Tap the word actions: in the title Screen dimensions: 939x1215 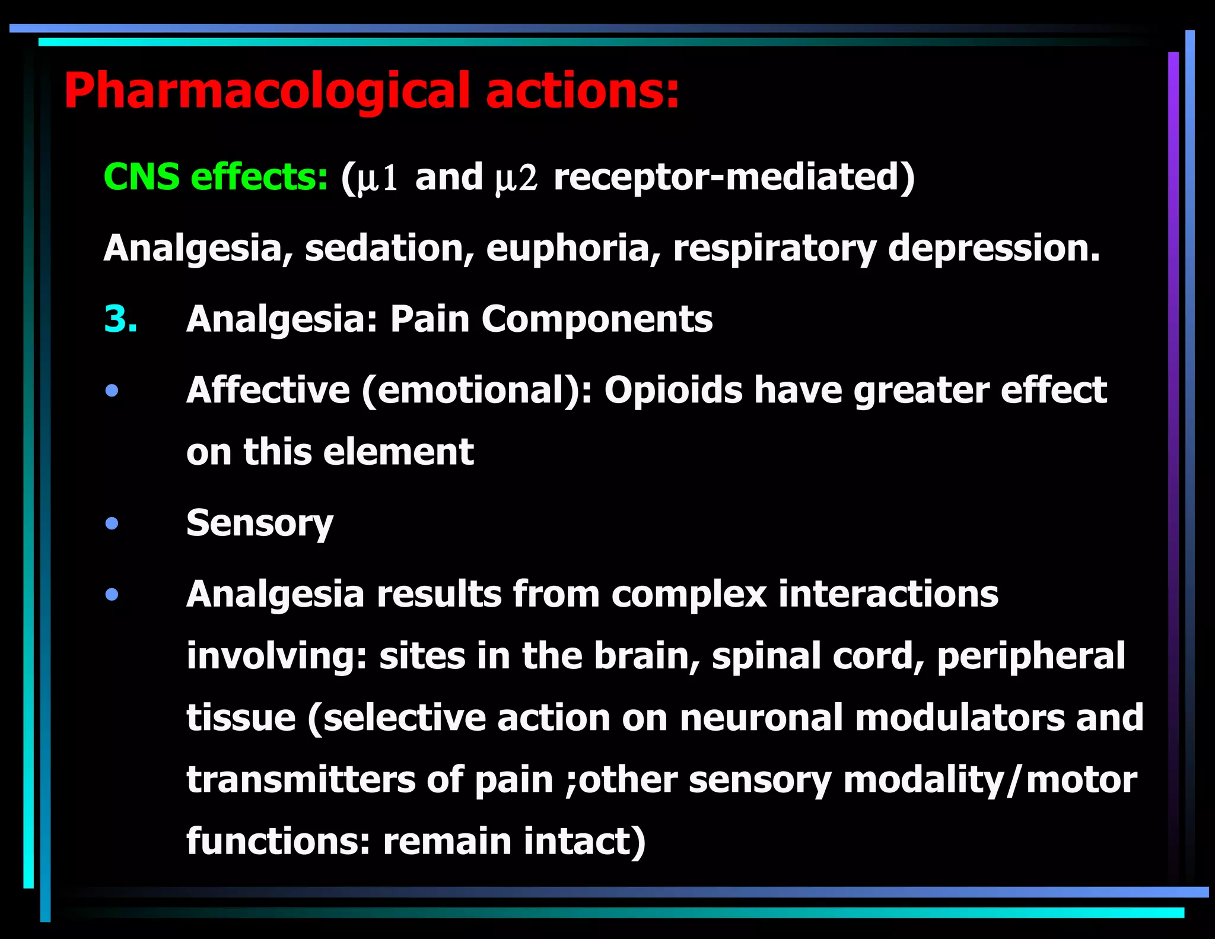click(582, 90)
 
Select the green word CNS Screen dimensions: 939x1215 click(141, 177)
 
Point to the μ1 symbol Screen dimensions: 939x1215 click(377, 178)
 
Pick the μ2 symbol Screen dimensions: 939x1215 click(516, 178)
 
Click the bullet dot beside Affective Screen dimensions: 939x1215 click(112, 391)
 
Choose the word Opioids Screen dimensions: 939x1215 click(673, 391)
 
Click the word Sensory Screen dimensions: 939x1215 click(260, 524)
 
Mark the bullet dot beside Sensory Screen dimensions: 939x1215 click(112, 524)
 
